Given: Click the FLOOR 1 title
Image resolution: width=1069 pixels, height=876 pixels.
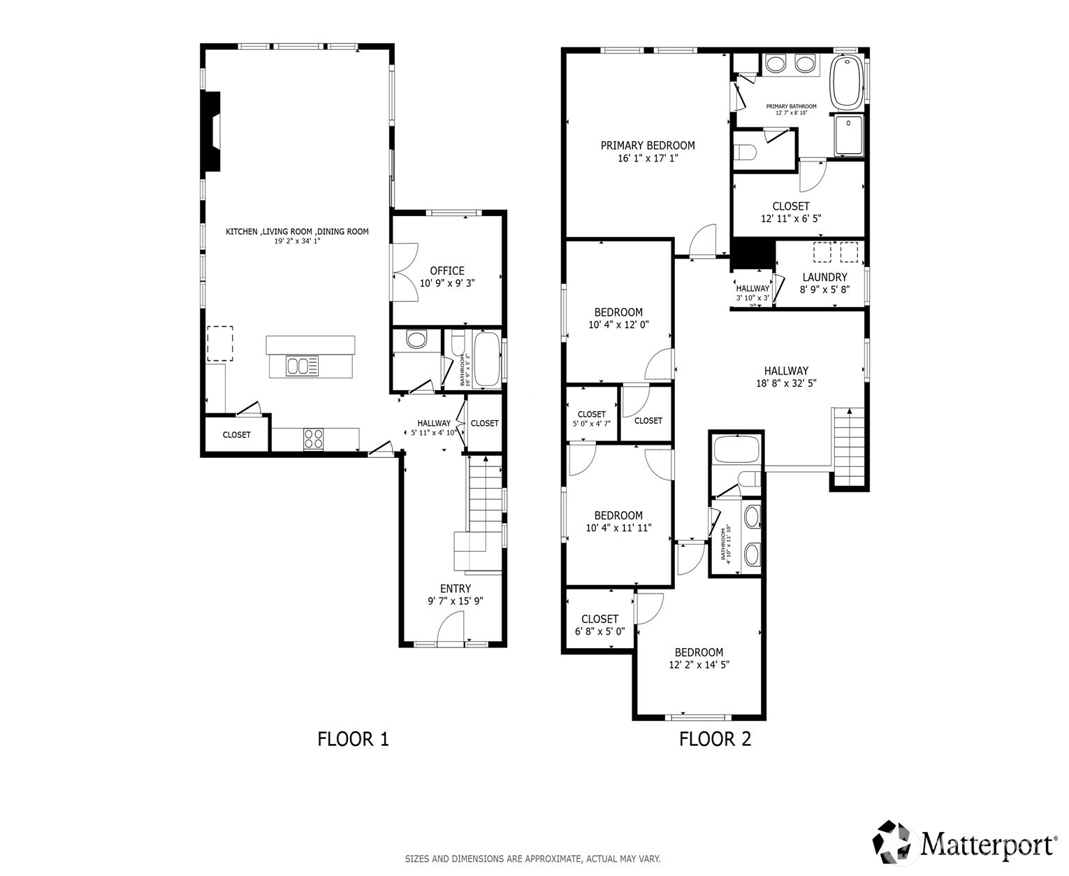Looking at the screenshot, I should coord(353,739).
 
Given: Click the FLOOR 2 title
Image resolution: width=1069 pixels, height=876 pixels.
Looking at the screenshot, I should coord(715,739).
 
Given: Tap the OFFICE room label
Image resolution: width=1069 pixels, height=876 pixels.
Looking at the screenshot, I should coord(447,271).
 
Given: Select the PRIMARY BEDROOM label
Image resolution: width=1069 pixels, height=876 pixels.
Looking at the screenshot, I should coord(648,145).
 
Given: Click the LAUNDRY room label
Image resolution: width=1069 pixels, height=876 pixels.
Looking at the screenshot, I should coord(824,277).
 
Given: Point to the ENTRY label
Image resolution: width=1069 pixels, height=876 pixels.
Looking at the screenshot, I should coord(455,589).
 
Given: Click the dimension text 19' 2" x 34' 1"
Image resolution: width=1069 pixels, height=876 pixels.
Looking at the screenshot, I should coord(297,242).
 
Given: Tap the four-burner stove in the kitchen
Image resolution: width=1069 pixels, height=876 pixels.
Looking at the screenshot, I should coord(314,438).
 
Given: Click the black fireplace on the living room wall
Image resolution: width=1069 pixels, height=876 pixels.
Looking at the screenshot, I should coord(211,131).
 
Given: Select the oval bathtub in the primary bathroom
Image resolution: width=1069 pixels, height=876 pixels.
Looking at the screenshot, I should coord(847,82).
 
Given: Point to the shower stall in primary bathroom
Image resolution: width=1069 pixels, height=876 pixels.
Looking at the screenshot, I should coord(849,136).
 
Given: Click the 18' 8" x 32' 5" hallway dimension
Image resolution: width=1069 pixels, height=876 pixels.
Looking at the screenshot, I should coord(786,383).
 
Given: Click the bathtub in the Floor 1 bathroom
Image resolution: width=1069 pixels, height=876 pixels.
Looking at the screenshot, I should coord(486,360).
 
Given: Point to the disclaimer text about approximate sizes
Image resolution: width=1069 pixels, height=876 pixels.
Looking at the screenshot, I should coord(532,859).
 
